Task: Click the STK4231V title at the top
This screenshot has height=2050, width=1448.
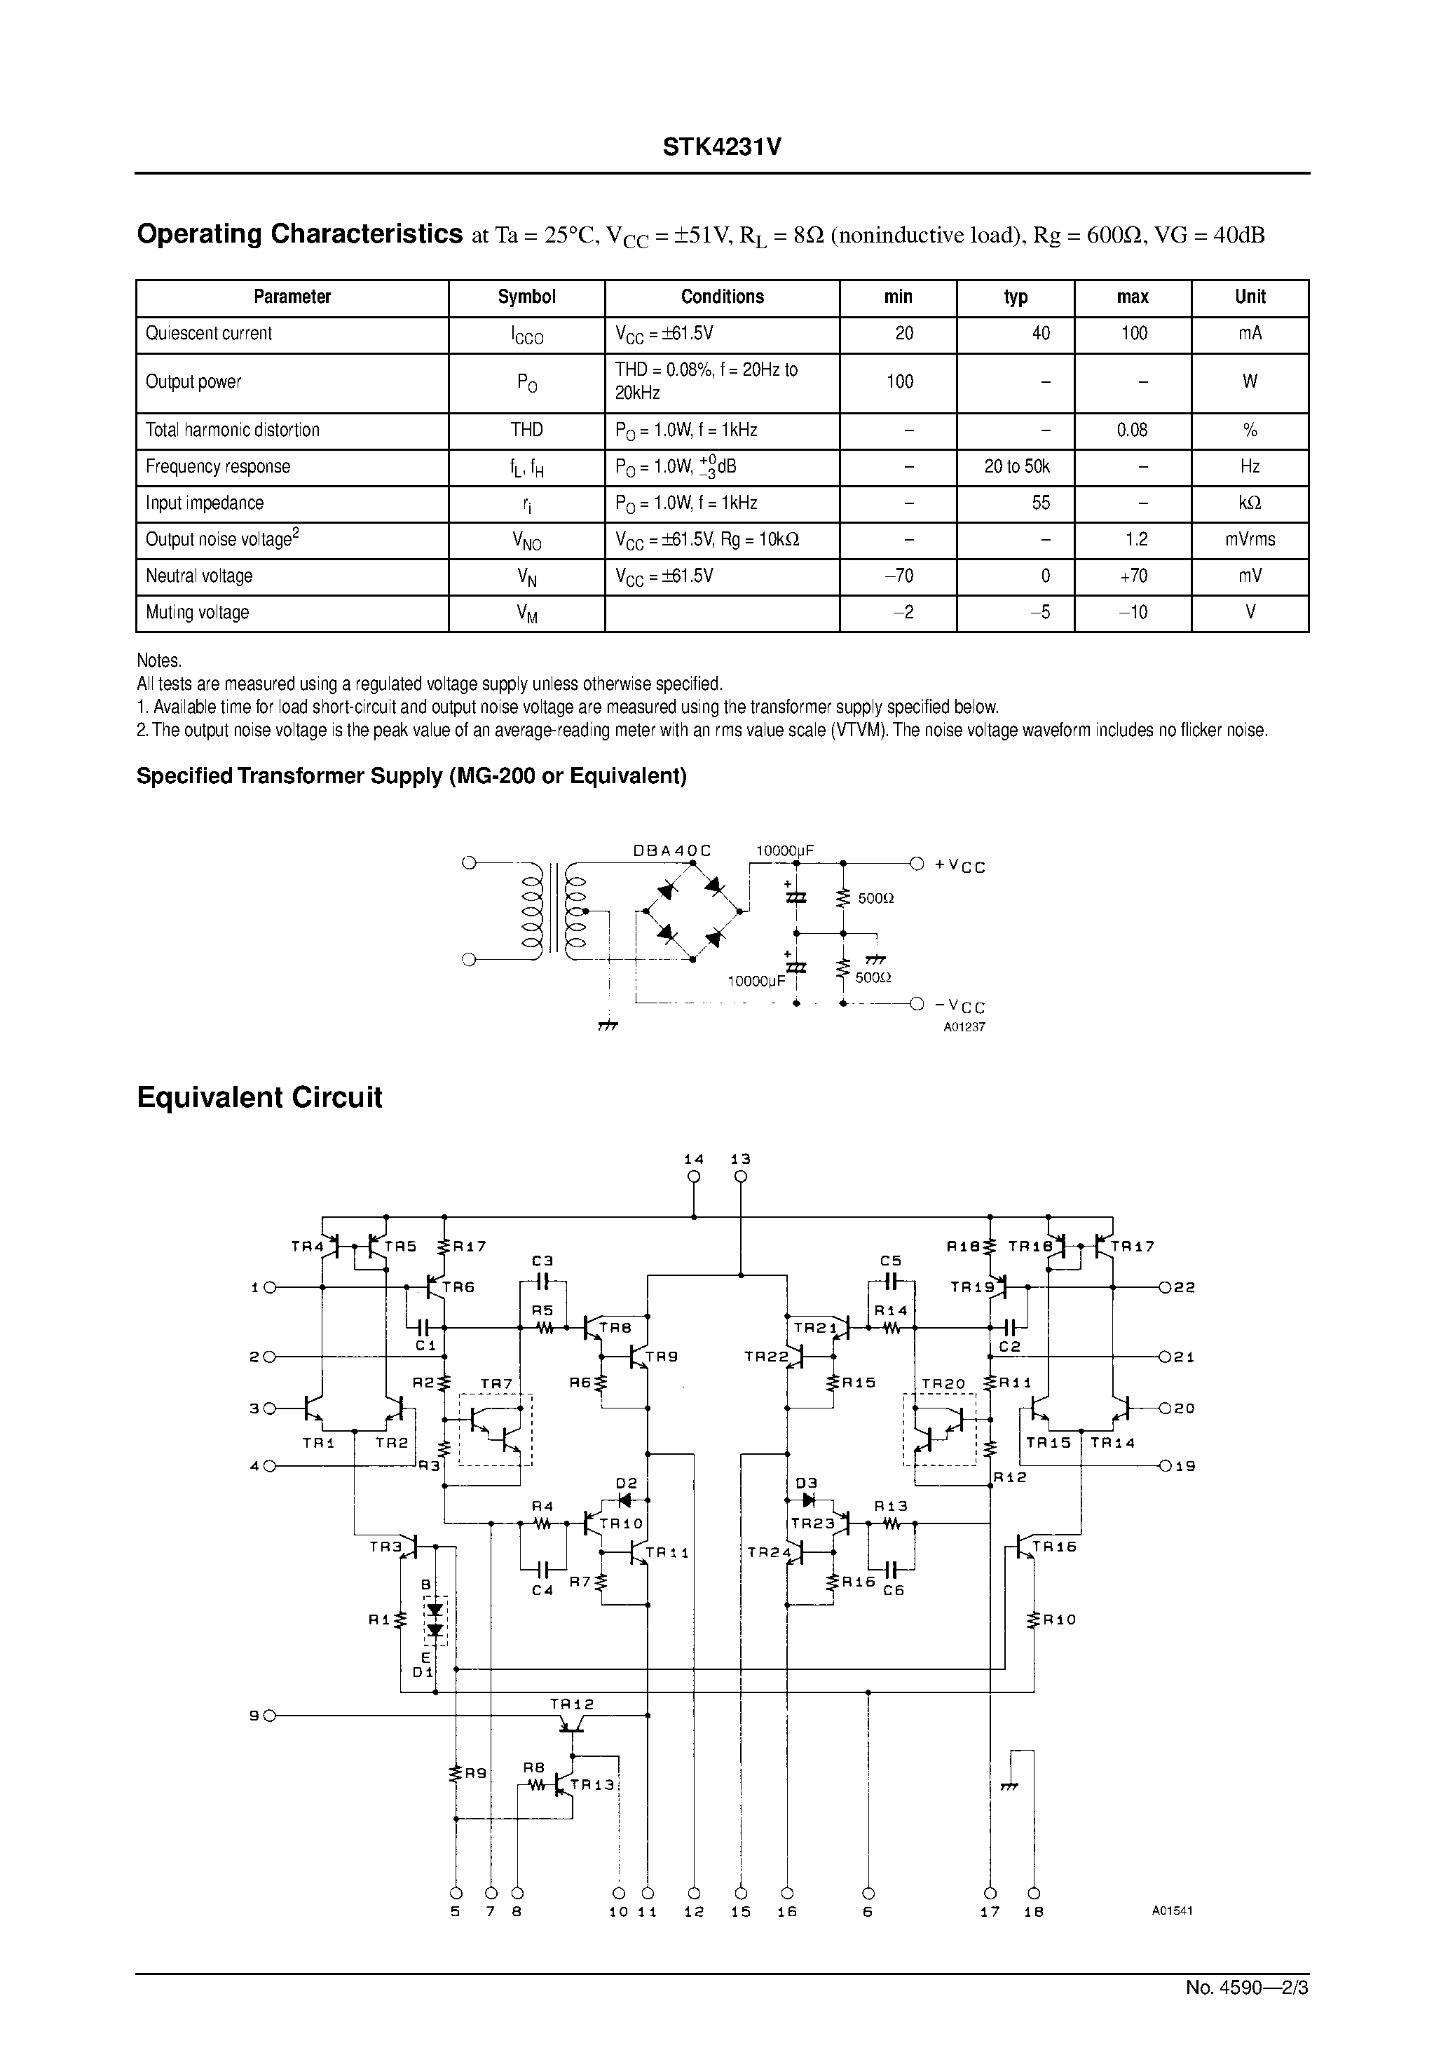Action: click(721, 147)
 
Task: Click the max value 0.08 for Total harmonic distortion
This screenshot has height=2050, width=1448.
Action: click(1132, 430)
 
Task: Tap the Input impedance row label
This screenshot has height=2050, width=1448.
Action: click(205, 503)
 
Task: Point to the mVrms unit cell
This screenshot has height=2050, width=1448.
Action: click(1250, 540)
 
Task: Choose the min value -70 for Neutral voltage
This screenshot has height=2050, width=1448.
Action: click(898, 577)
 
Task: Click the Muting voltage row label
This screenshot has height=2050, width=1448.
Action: click(197, 613)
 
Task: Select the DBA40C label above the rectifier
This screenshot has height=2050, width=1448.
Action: click(671, 851)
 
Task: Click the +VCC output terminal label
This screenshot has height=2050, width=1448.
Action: click(959, 865)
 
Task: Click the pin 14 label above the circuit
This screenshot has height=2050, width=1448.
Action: click(694, 1159)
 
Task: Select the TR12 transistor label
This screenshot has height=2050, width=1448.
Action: click(571, 1704)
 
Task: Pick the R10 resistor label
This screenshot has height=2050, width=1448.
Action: click(1060, 1619)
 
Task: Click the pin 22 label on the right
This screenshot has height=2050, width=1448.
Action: click(1184, 1287)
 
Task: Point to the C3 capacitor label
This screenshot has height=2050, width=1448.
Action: click(542, 1261)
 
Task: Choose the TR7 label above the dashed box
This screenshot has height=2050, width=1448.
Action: click(496, 1384)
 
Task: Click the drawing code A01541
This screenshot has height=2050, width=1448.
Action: click(1171, 1910)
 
